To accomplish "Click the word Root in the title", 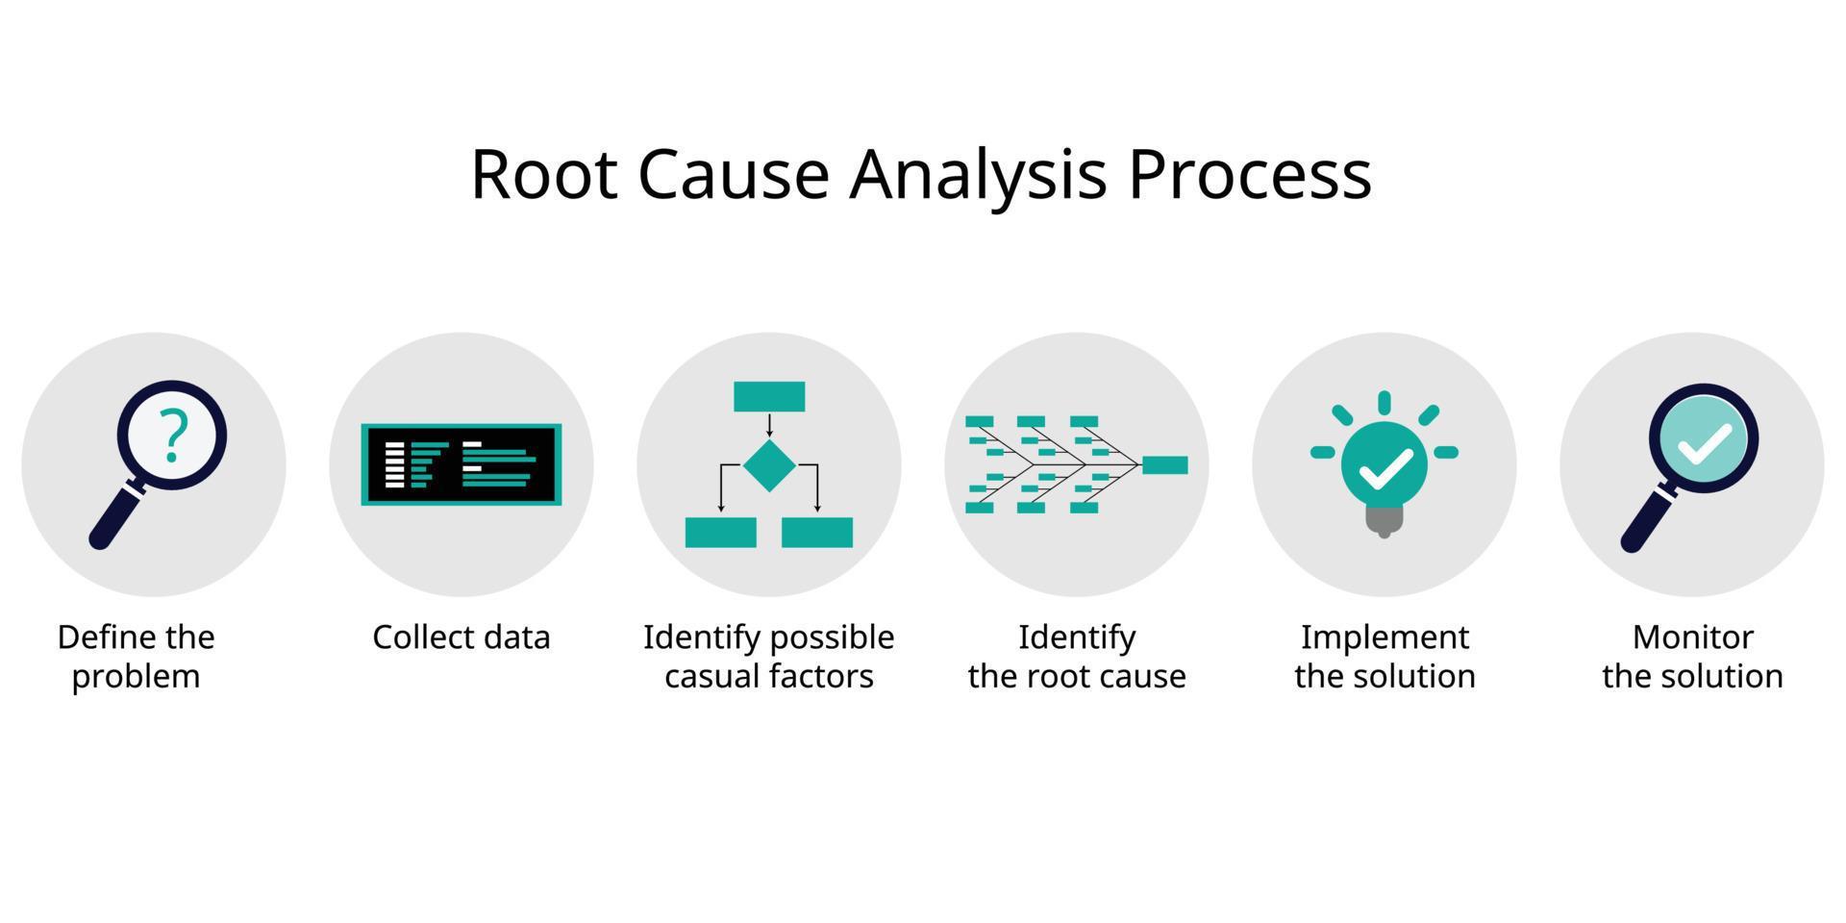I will (x=543, y=174).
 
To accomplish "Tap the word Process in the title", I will (x=1249, y=174).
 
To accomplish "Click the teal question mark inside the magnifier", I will (x=173, y=435).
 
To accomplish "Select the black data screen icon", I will (x=461, y=464).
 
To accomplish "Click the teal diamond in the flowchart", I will (x=769, y=465).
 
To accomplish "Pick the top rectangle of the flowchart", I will (x=769, y=396).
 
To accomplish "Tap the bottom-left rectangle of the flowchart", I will (x=720, y=533).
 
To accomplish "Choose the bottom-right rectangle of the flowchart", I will (x=817, y=533).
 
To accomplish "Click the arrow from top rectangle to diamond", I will (x=769, y=424).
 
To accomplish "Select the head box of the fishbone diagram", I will (x=1164, y=465).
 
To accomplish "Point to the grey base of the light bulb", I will (x=1384, y=519).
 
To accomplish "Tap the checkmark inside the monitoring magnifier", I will (x=1704, y=443).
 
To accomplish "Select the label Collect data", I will (x=461, y=637).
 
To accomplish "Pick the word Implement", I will (x=1384, y=637).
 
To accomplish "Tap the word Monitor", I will (x=1692, y=637).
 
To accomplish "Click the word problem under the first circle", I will (x=136, y=676).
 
